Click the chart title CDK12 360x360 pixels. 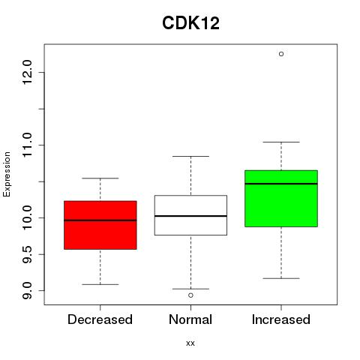click(190, 23)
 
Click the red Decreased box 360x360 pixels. click(100, 225)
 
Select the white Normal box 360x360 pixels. click(190, 215)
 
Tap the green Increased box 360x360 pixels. click(281, 199)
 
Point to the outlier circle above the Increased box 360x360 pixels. click(281, 54)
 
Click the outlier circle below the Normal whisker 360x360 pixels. click(190, 295)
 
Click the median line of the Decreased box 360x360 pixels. click(100, 220)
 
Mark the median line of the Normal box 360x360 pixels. click(190, 216)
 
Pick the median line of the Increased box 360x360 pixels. click(281, 184)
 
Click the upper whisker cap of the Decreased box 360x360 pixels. click(100, 178)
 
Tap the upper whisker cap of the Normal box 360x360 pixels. click(190, 156)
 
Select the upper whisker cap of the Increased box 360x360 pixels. click(281, 142)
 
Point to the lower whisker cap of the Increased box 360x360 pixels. click(281, 278)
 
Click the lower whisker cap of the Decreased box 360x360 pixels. click(100, 284)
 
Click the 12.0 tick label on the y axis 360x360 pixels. click(27, 73)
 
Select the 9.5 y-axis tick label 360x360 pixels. click(27, 254)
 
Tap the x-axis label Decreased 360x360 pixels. click(100, 319)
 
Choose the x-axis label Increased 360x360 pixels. click(281, 319)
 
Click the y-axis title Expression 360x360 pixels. click(7, 174)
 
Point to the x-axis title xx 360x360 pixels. click(190, 343)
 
